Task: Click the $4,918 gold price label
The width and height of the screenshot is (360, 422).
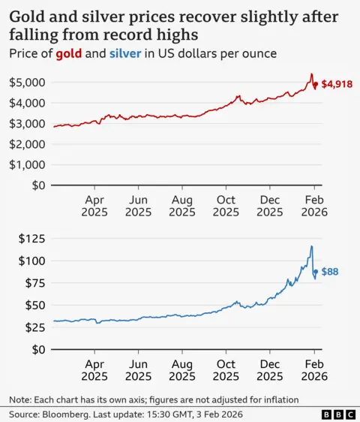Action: coord(336,85)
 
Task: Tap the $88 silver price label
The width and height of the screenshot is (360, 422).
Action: coord(330,272)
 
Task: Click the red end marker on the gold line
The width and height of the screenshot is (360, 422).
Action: coord(315,85)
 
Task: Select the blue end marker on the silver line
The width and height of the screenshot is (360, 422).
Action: coord(316,272)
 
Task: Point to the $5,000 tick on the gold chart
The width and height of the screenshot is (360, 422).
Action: coord(26,82)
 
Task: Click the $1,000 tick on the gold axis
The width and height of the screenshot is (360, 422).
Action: coord(26,164)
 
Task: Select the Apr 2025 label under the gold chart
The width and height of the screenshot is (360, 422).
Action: coord(94,206)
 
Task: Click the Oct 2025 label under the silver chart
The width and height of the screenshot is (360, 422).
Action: coord(226,370)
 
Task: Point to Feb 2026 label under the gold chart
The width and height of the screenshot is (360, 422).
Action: coord(313,206)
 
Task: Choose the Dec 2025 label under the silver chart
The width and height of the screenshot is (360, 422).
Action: coord(270,370)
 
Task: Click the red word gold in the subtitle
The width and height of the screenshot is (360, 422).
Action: coord(68,55)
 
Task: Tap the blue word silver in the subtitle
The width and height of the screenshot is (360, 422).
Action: coord(124,55)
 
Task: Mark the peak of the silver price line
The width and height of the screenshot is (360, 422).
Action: coord(311,246)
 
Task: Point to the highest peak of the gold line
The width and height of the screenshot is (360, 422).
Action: coord(311,74)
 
